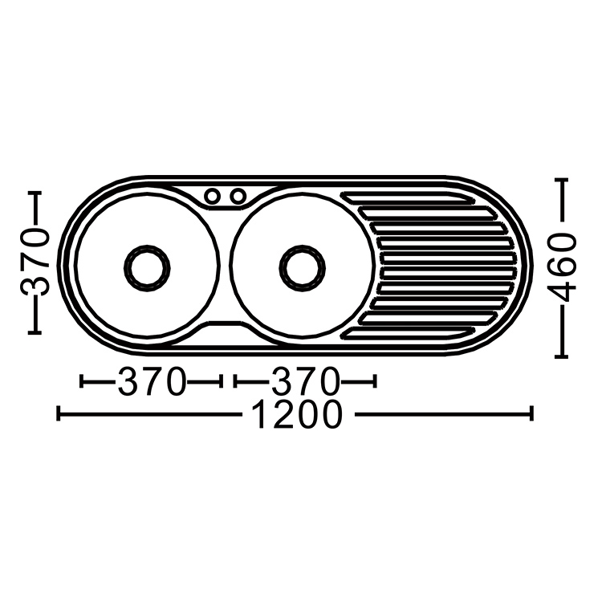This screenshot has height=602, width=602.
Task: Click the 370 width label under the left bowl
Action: click(151, 381)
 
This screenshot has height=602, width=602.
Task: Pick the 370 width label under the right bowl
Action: click(305, 381)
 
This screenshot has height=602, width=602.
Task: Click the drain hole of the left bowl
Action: click(147, 268)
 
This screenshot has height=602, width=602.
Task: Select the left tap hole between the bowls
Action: click(212, 196)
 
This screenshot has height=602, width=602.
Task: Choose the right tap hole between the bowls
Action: click(238, 196)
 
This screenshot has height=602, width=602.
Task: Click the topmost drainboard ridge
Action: click(408, 197)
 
